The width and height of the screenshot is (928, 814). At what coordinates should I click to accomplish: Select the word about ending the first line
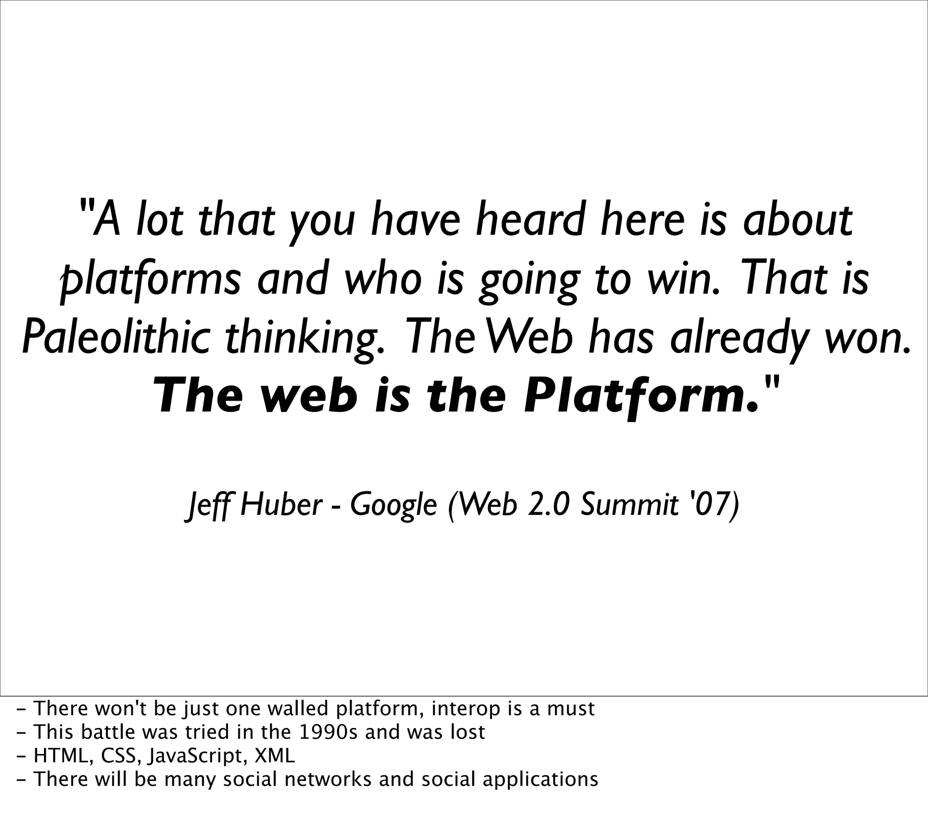pyautogui.click(x=797, y=221)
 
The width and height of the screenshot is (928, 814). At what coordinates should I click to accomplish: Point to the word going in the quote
pyautogui.click(x=529, y=280)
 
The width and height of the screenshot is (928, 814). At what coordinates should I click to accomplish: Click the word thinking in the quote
pyautogui.click(x=305, y=339)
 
